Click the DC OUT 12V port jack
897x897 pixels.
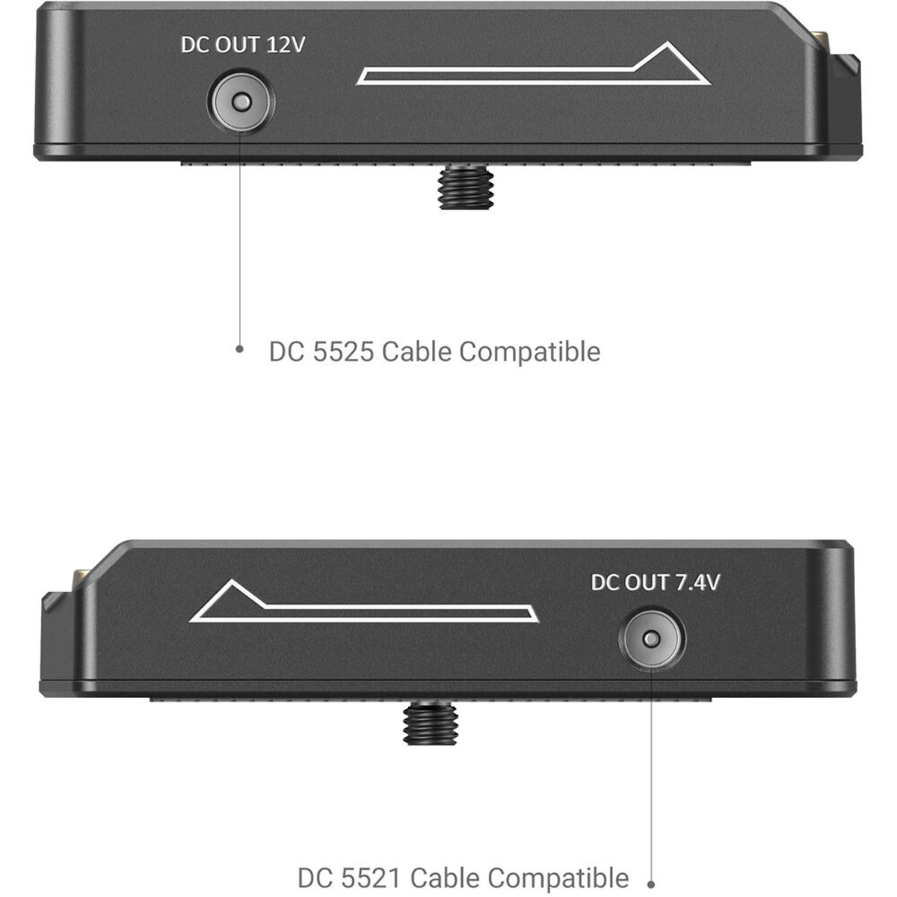[241, 102]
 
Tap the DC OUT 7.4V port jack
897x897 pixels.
[652, 638]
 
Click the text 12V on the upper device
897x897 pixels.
[286, 45]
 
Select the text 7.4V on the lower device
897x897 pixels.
[697, 582]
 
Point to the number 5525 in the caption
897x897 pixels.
[344, 351]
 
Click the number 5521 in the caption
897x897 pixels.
[371, 878]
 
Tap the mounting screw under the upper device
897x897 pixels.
[466, 187]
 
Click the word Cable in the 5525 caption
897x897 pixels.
[416, 351]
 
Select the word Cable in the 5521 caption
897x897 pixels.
[445, 878]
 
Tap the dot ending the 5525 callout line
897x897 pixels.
[240, 348]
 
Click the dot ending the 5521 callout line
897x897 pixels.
[652, 884]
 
